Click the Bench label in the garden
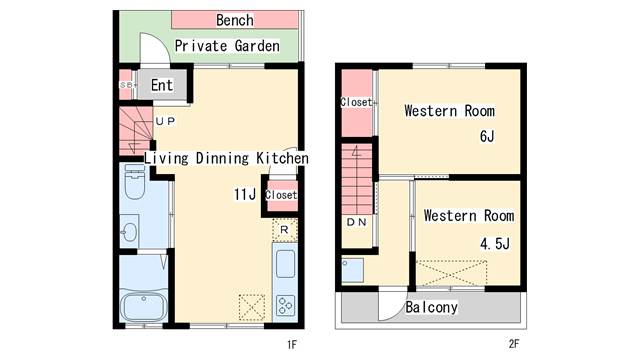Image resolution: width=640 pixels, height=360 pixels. [x=235, y=20]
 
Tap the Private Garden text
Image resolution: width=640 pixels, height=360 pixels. [x=227, y=46]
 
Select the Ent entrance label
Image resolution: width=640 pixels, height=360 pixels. [x=162, y=85]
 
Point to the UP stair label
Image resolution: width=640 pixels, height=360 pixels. [x=165, y=121]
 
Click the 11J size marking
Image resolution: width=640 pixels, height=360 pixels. [x=245, y=194]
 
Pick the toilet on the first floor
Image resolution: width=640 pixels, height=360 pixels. [x=135, y=182]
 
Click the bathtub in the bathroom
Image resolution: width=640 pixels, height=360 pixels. [x=144, y=304]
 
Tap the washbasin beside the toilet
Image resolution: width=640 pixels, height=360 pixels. [x=130, y=232]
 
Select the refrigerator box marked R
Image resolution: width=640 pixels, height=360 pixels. [x=284, y=230]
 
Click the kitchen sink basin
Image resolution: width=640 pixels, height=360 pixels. [x=285, y=264]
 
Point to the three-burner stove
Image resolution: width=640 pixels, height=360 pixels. [x=285, y=305]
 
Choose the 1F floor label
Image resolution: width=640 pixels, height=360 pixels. [x=291, y=345]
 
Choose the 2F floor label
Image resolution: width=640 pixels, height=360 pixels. [x=514, y=344]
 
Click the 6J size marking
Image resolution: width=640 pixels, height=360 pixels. [x=487, y=136]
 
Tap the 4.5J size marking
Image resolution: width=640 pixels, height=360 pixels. [x=495, y=244]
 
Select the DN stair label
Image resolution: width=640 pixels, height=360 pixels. [x=357, y=222]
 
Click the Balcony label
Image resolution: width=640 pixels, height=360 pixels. [x=431, y=307]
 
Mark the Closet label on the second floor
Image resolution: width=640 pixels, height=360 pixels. [x=357, y=102]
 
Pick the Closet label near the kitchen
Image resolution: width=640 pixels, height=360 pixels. [x=281, y=195]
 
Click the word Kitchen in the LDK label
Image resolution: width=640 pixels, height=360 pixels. [x=282, y=158]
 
